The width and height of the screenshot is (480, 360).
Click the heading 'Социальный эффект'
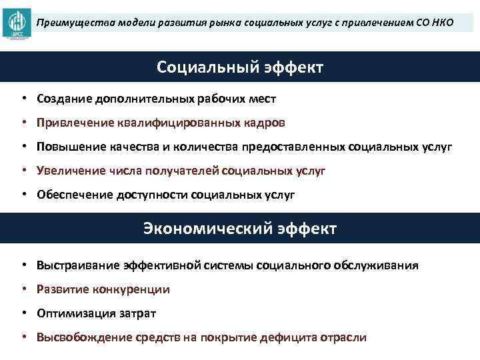(240, 67)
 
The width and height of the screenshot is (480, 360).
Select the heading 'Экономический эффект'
(240, 229)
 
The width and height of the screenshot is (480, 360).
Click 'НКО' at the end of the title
(441, 23)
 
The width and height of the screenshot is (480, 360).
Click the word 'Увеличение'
(68, 171)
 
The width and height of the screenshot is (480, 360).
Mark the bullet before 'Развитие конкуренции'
(23, 289)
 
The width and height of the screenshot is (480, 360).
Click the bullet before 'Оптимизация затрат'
(23, 313)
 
